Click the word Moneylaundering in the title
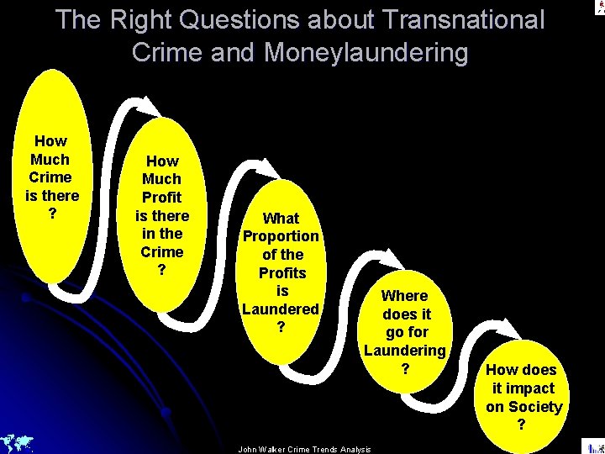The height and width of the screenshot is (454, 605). click(366, 52)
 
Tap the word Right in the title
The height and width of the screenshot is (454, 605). click(148, 19)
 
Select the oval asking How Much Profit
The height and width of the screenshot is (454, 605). click(162, 215)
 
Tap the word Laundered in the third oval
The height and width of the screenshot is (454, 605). click(281, 309)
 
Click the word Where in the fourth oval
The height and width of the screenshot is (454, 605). click(404, 295)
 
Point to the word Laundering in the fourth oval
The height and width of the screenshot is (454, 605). click(404, 350)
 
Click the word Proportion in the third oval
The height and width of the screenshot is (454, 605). click(281, 236)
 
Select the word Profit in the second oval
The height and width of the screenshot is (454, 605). click(162, 197)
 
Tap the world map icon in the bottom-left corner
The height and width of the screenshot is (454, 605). click(17, 442)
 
